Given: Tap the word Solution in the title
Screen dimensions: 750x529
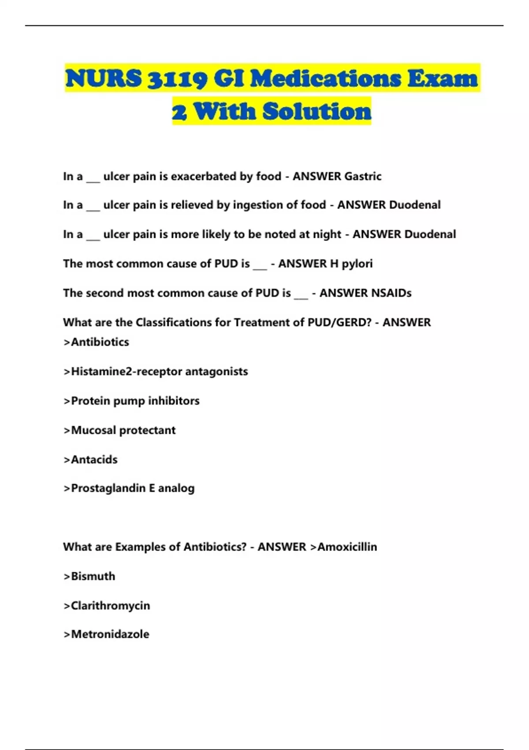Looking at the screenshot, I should coord(317,111).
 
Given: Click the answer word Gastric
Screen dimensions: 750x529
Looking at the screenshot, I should coord(363,176).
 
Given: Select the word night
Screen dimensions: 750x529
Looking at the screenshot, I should coord(327,234).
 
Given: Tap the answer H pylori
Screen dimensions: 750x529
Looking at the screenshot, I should coord(351,264).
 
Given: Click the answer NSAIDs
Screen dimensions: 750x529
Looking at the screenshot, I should coord(365,293).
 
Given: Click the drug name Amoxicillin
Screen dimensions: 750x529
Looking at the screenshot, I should coord(347,547).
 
